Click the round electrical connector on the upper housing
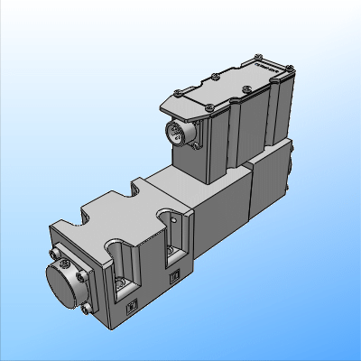coord(180,134)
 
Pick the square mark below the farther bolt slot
coord(177,277)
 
